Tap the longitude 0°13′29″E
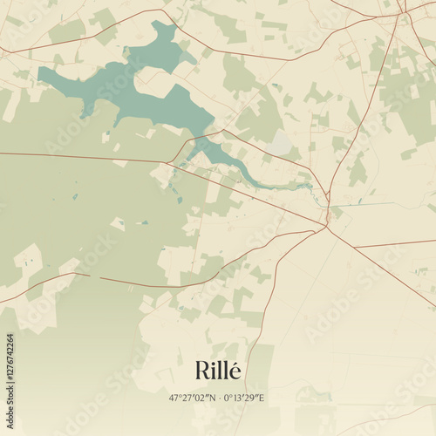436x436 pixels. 244,398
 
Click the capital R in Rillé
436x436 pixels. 202,371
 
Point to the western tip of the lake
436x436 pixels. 41,72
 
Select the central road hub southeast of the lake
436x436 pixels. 325,226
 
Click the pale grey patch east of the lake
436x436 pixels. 281,141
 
